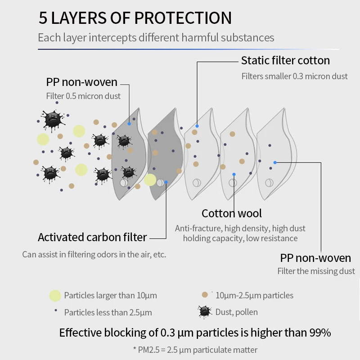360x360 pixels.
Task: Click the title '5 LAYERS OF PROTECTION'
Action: point(135,18)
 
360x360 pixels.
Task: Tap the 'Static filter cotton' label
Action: point(285,60)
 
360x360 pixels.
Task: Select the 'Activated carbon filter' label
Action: point(92,237)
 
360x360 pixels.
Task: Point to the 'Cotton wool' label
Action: point(231,213)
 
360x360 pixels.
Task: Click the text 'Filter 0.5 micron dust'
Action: point(83,96)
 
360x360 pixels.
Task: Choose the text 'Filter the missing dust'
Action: point(316,271)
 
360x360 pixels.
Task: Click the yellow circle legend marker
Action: point(55,296)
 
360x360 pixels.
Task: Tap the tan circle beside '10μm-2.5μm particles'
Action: point(205,295)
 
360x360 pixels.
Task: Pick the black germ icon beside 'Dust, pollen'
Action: point(205,311)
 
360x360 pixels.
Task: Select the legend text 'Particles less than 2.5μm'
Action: point(108,312)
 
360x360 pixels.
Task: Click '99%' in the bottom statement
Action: point(320,333)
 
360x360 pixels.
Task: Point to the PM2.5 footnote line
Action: point(195,350)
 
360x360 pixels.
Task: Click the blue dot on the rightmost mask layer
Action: point(275,162)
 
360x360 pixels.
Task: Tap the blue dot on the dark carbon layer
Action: point(166,182)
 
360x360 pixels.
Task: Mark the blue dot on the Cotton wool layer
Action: point(234,174)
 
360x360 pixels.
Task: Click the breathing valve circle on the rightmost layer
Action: point(269,183)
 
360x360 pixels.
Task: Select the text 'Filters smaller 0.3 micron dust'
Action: point(294,76)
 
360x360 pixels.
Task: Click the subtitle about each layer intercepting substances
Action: point(156,37)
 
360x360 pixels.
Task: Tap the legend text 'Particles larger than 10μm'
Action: point(110,296)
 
